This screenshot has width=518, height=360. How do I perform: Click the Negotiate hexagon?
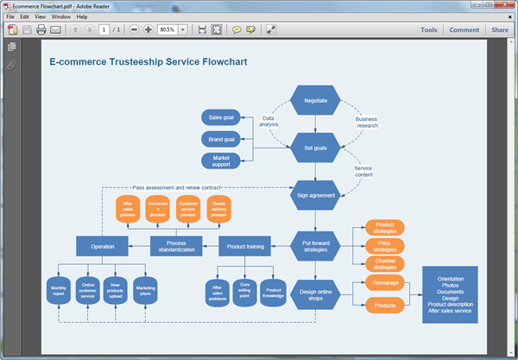[x=315, y=101]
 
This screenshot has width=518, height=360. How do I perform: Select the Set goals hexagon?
[x=315, y=148]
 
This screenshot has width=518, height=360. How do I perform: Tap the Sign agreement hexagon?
[x=315, y=195]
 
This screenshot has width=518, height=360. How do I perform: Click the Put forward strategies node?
[x=315, y=246]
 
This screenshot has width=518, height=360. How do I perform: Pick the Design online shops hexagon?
[x=315, y=294]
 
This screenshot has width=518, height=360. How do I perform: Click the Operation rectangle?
[x=102, y=246]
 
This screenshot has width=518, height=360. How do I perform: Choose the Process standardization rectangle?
[x=176, y=246]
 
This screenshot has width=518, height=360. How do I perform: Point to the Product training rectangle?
[x=245, y=246]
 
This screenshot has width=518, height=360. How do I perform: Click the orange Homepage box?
[x=385, y=283]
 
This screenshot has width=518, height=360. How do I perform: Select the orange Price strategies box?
[x=385, y=245]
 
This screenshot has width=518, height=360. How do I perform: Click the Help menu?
[x=82, y=16]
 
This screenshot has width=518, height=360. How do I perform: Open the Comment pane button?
[x=464, y=29]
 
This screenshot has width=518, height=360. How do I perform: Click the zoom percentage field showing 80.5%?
[x=167, y=29]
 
